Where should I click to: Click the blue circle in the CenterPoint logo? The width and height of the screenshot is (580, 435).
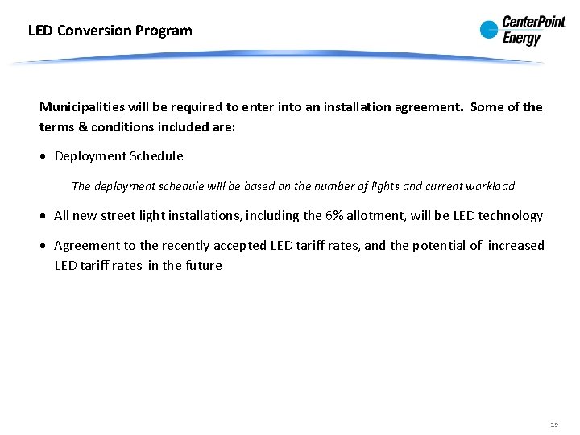(x=489, y=31)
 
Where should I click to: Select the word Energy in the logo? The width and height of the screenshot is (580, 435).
(x=522, y=38)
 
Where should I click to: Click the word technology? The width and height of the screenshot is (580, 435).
(x=510, y=216)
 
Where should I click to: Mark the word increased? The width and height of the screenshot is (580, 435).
(x=516, y=246)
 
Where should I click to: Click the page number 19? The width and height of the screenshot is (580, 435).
(x=553, y=423)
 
